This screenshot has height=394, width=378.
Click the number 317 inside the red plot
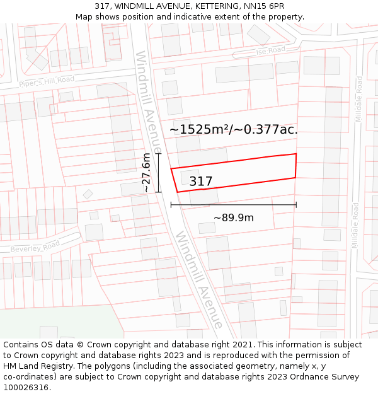point(201,182)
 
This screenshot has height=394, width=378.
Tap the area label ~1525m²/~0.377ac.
point(233,130)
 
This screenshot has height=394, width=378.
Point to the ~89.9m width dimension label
point(233,217)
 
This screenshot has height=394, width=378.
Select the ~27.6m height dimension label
point(146,172)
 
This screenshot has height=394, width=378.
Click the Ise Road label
point(271,50)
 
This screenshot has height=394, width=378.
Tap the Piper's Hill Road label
point(46,82)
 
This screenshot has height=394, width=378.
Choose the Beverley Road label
point(35,247)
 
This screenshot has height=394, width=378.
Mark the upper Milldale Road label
point(359,100)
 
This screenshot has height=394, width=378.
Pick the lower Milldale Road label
point(355,225)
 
